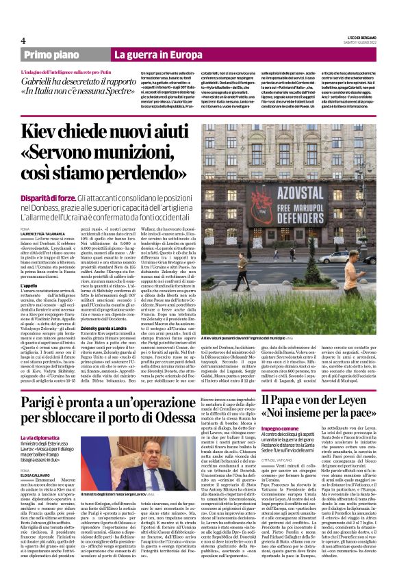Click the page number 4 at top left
[x=23, y=40]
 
